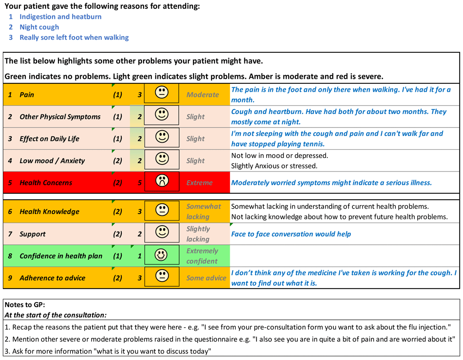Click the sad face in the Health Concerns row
click(x=162, y=182)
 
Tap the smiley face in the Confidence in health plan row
click(x=162, y=256)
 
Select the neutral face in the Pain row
click(x=162, y=94)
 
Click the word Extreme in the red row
click(x=200, y=183)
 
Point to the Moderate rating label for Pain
click(x=202, y=95)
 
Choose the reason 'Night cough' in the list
click(x=39, y=27)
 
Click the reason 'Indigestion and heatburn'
click(x=60, y=17)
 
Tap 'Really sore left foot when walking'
click(x=74, y=38)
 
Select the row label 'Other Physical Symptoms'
click(x=60, y=117)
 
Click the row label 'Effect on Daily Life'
click(x=49, y=139)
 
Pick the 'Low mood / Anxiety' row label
click(x=52, y=161)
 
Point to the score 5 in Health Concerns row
click(x=140, y=183)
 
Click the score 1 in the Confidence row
click(x=140, y=256)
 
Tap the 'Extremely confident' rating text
click(x=202, y=256)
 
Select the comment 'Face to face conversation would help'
click(x=291, y=234)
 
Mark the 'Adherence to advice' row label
click(x=52, y=278)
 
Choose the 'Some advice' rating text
click(x=206, y=278)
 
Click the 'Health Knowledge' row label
click(x=49, y=212)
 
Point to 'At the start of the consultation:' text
click(x=55, y=315)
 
